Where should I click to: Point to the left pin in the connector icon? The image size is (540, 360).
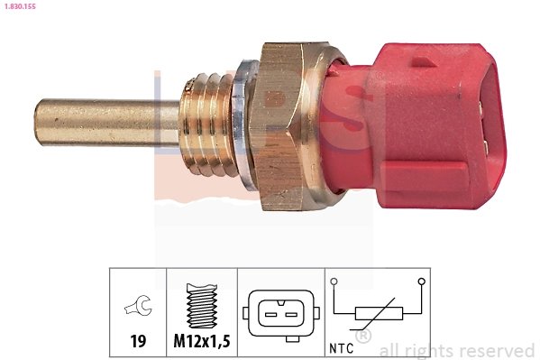(x=269, y=313)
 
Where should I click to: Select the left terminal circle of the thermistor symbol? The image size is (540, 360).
(x=334, y=282)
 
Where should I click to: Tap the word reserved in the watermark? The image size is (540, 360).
(x=496, y=350)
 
